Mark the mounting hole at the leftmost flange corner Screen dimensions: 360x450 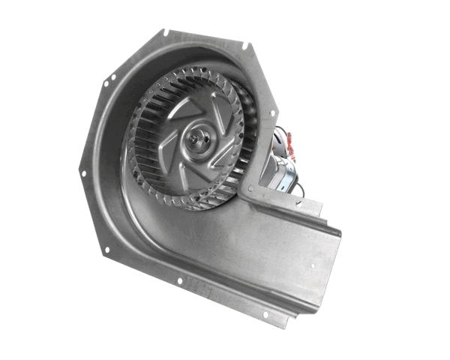tap(82, 172)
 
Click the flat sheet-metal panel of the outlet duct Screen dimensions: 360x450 tap(255, 247)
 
